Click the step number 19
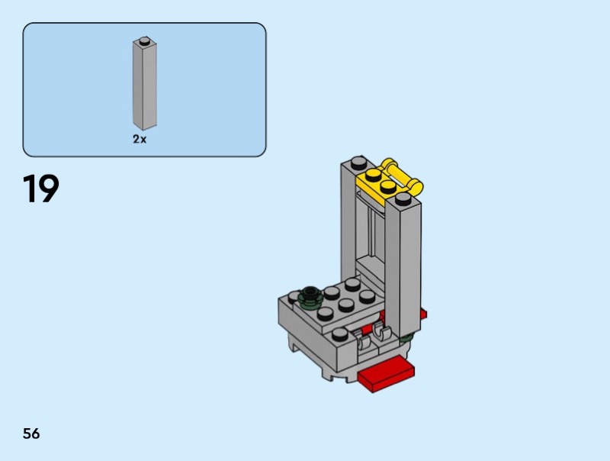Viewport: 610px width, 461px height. coord(41,189)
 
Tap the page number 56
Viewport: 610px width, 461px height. coord(31,434)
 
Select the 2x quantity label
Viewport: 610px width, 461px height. coord(140,139)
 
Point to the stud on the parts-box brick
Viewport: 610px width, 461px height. coord(145,40)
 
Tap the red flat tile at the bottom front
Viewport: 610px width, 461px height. coord(387,375)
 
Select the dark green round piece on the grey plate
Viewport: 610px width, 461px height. coord(310,295)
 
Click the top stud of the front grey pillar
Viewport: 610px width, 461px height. coord(403,198)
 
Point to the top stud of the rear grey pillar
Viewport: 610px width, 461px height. coord(359,162)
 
